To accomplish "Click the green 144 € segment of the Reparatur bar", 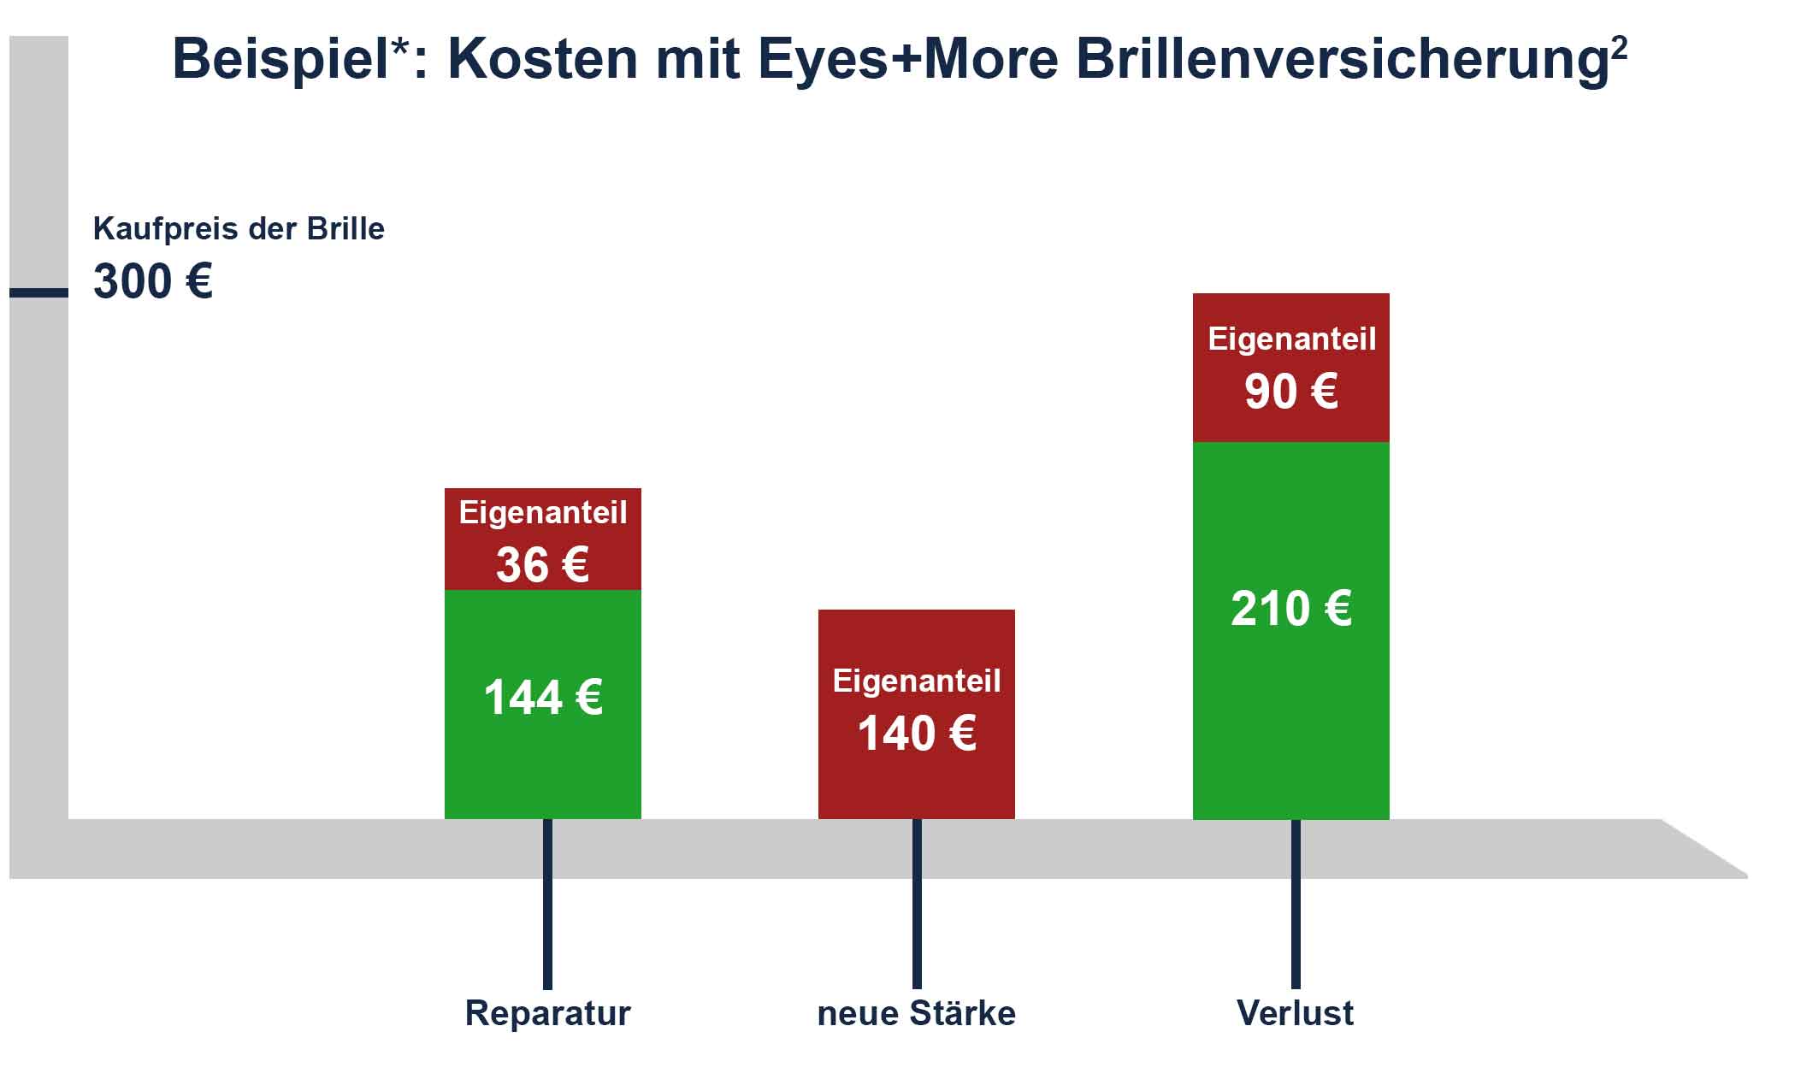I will (542, 704).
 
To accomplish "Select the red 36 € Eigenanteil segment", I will (542, 539).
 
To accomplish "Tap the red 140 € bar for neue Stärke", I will (916, 713).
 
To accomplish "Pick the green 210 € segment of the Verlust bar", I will (1290, 630).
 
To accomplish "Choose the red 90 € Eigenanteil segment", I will (1290, 368).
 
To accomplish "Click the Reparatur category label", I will (547, 1013).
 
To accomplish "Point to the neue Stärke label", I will (916, 1013).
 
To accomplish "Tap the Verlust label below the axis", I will (1295, 1013).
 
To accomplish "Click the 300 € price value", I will (152, 281).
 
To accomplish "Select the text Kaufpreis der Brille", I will (239, 229).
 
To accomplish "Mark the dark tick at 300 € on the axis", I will (38, 292).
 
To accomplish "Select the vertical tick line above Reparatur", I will (547, 904).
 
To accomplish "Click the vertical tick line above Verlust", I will (1296, 904).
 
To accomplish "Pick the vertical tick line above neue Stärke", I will (917, 904).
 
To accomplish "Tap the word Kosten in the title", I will (542, 60).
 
